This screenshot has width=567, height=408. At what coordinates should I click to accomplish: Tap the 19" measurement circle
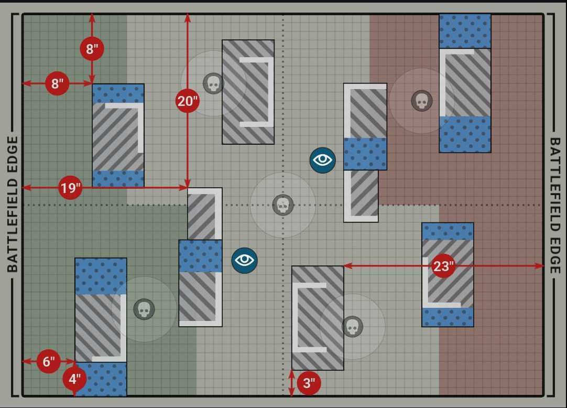pos(70,188)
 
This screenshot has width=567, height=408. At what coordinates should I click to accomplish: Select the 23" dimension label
pos(443,266)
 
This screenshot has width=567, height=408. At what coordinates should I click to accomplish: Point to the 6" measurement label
pos(49,361)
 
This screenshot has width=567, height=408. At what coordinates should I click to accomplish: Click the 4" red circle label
pos(74,378)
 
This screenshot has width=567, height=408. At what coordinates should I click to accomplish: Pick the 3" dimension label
pos(309,383)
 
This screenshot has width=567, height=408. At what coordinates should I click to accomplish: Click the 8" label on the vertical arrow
pos(92,49)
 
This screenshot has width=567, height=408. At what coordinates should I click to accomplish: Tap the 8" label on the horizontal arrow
pos(57,83)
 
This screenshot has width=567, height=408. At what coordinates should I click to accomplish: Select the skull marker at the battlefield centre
pos(283,205)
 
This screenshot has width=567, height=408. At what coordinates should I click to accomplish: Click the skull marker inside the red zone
pos(422,101)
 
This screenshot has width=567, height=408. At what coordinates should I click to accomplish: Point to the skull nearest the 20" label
pos(213,83)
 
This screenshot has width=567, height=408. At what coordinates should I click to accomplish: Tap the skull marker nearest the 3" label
pos(352,327)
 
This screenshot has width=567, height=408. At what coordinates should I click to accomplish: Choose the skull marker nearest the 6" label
pos(144,309)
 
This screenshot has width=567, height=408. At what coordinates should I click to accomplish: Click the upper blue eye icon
pos(322,160)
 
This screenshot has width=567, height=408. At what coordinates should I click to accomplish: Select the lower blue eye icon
pos(245,260)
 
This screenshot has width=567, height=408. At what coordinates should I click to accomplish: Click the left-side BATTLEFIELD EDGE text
pos(13,205)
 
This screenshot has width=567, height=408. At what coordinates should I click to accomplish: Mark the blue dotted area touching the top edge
pos(465,31)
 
